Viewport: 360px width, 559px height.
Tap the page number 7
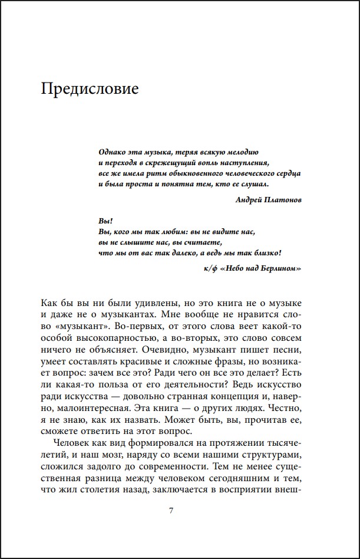[x=171, y=511]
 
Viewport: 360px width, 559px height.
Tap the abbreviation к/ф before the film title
[x=209, y=268]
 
